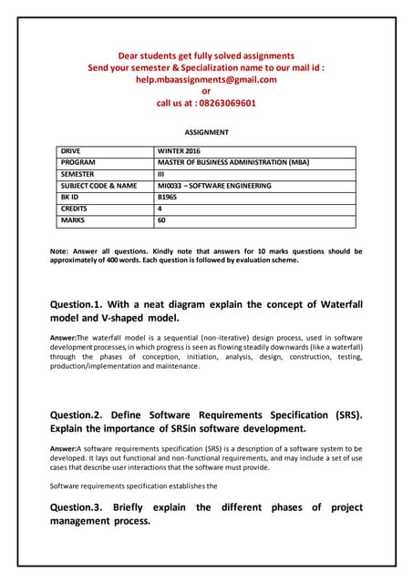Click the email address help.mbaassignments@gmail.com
click(206, 79)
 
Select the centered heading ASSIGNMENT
click(206, 132)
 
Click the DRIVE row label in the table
click(72, 149)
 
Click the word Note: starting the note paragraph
click(61, 251)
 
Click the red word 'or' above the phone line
click(206, 91)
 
